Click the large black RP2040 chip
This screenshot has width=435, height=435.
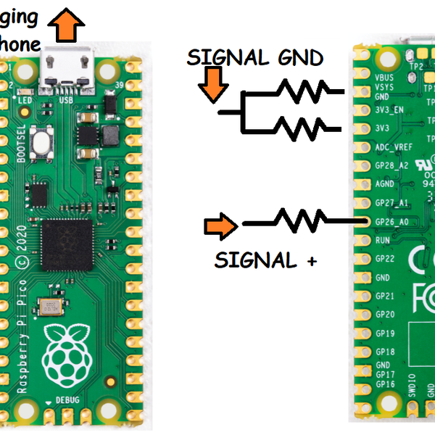point(67,244)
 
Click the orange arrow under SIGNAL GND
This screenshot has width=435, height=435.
point(211,83)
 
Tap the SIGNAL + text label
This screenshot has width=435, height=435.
point(265,260)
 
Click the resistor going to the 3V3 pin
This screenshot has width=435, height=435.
point(299,128)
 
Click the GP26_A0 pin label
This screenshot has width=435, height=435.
point(391,220)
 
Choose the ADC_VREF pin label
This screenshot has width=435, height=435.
point(392,146)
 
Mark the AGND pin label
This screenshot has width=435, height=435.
point(385,184)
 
